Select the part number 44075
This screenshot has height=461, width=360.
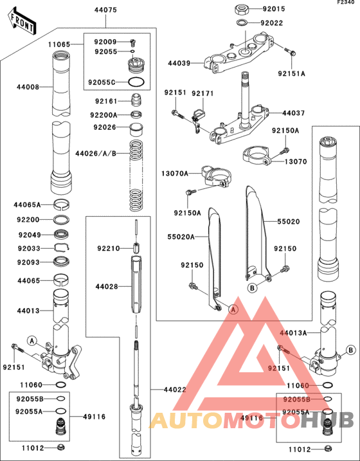click(x=105, y=10)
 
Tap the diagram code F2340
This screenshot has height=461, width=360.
click(x=347, y=3)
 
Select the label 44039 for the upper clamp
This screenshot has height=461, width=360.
click(x=179, y=64)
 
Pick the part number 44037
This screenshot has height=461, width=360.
click(x=294, y=113)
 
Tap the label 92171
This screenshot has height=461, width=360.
click(x=202, y=93)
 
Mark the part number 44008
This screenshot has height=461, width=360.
click(x=28, y=86)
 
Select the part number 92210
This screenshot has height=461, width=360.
click(x=109, y=248)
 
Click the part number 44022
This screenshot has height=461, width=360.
click(x=175, y=390)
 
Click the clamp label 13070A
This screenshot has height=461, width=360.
click(x=174, y=173)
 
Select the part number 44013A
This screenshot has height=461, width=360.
click(x=294, y=333)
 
